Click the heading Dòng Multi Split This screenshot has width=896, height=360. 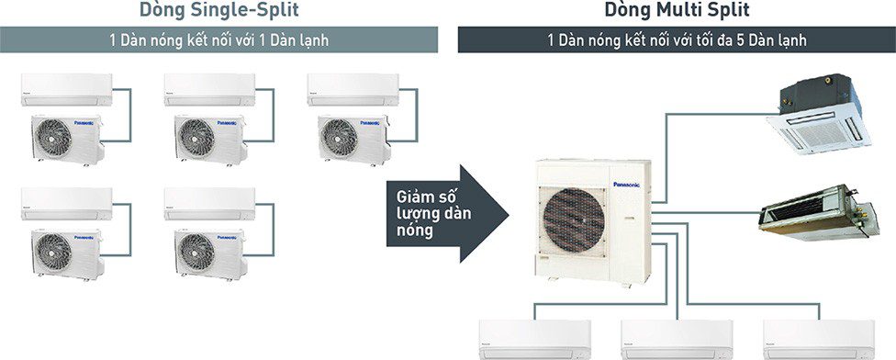(677, 11)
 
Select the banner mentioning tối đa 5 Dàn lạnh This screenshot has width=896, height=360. (677, 40)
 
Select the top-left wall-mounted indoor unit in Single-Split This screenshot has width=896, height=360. (66, 86)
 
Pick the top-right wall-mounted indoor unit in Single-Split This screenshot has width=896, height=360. (351, 86)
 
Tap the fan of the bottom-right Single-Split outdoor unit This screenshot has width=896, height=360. (196, 251)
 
